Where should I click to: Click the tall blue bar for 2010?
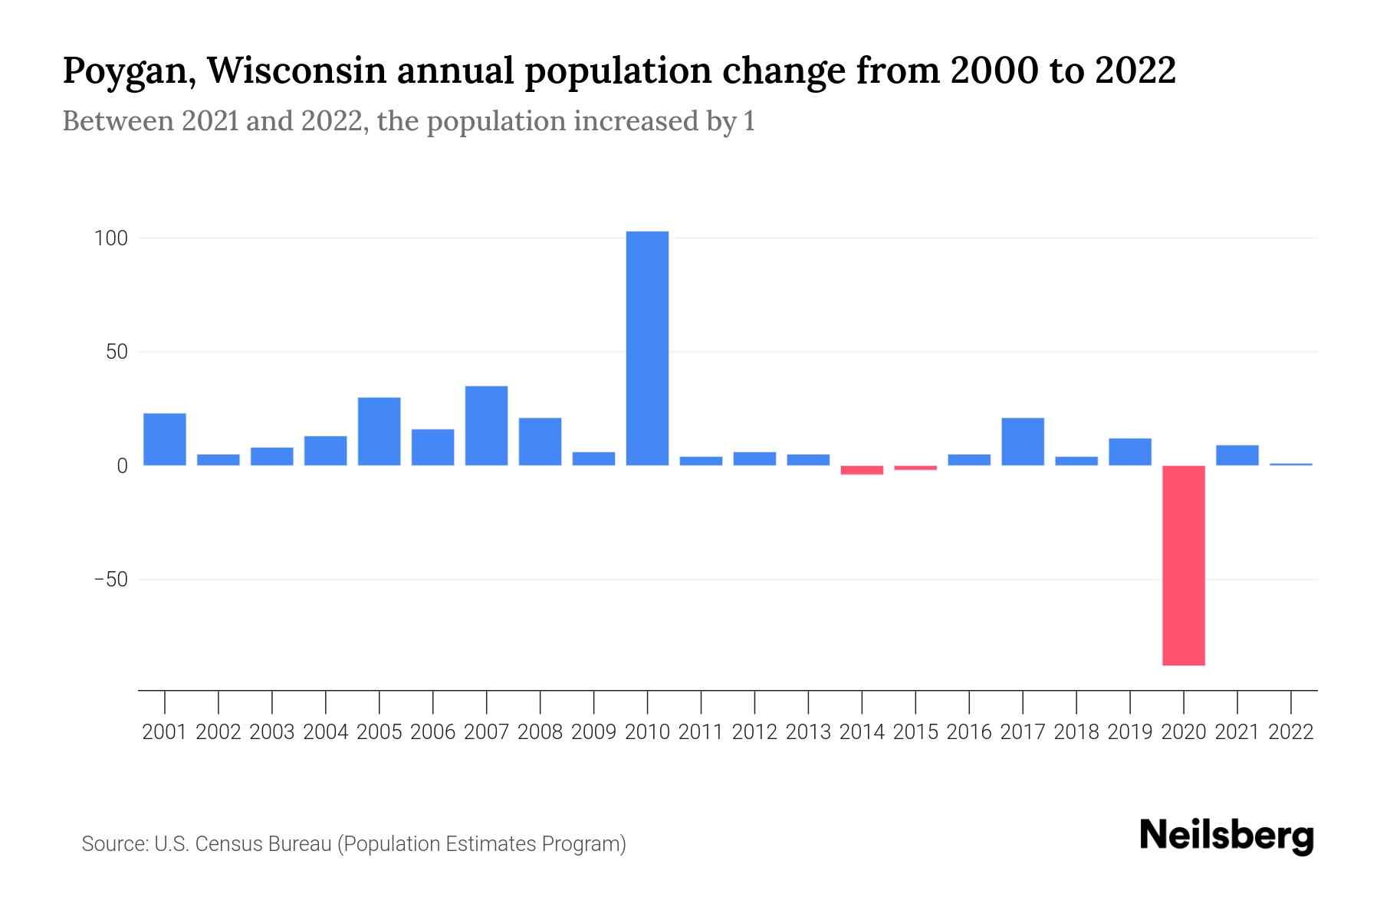click(x=647, y=348)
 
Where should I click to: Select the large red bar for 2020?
click(x=1183, y=565)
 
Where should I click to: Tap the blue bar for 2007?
click(x=486, y=426)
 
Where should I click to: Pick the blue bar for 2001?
click(x=165, y=439)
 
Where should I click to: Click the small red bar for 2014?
click(x=862, y=470)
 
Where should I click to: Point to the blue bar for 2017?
click(x=1022, y=442)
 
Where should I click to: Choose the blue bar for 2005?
click(x=379, y=431)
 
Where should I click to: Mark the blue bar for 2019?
click(x=1129, y=452)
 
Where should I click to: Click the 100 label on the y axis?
click(x=110, y=238)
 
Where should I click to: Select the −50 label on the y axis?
click(x=110, y=580)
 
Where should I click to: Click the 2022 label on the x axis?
click(x=1290, y=732)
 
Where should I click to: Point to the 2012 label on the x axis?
click(x=754, y=732)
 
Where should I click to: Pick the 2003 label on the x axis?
click(x=272, y=732)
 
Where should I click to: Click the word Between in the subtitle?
click(x=117, y=121)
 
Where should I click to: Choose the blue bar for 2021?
click(x=1237, y=455)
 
